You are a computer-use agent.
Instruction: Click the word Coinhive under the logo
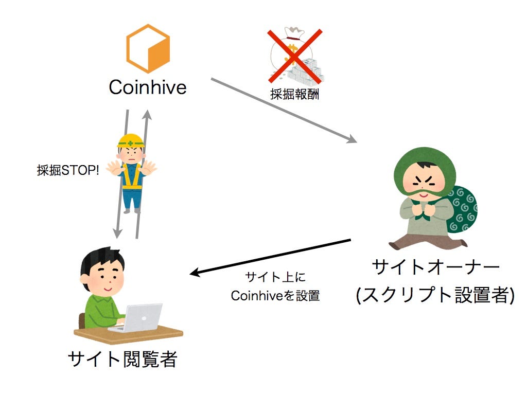pos(148,87)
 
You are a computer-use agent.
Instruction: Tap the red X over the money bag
pos(295,56)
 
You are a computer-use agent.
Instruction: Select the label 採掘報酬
pos(294,95)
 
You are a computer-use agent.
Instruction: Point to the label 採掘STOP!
pos(68,170)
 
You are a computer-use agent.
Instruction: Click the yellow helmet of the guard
pos(131,140)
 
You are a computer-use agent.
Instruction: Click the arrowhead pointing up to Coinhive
pos(147,115)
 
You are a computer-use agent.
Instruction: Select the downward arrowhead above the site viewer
pos(117,233)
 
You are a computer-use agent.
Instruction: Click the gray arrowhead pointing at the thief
pos(352,139)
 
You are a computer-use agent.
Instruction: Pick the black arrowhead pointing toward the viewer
pos(196,272)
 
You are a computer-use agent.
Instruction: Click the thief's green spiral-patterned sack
pos(462,209)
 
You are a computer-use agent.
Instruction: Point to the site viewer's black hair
pos(101,260)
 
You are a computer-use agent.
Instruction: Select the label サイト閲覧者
pos(122,360)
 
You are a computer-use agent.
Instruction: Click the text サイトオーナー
pos(435,267)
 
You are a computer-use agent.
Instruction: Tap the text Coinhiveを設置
pos(275,296)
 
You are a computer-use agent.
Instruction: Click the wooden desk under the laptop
pos(128,334)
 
